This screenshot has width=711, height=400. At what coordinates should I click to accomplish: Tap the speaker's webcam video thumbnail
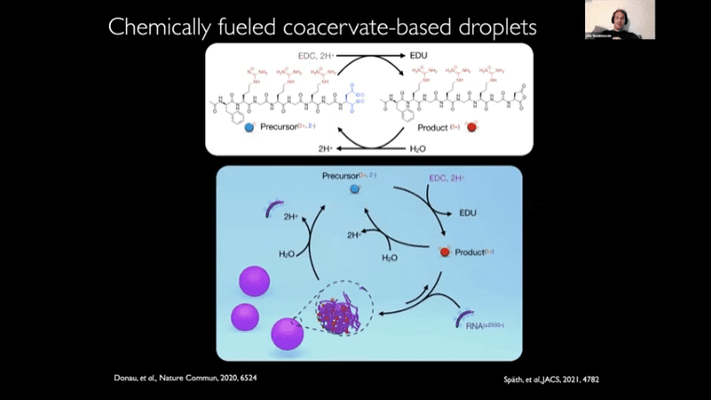tap(620, 20)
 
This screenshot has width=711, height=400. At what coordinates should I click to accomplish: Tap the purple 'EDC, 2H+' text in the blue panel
tap(451, 178)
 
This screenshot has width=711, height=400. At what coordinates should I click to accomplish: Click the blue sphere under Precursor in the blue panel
tap(355, 190)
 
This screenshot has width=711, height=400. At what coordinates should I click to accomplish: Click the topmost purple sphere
tap(255, 280)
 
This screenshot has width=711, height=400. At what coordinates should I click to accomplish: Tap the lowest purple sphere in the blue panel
tap(286, 334)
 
